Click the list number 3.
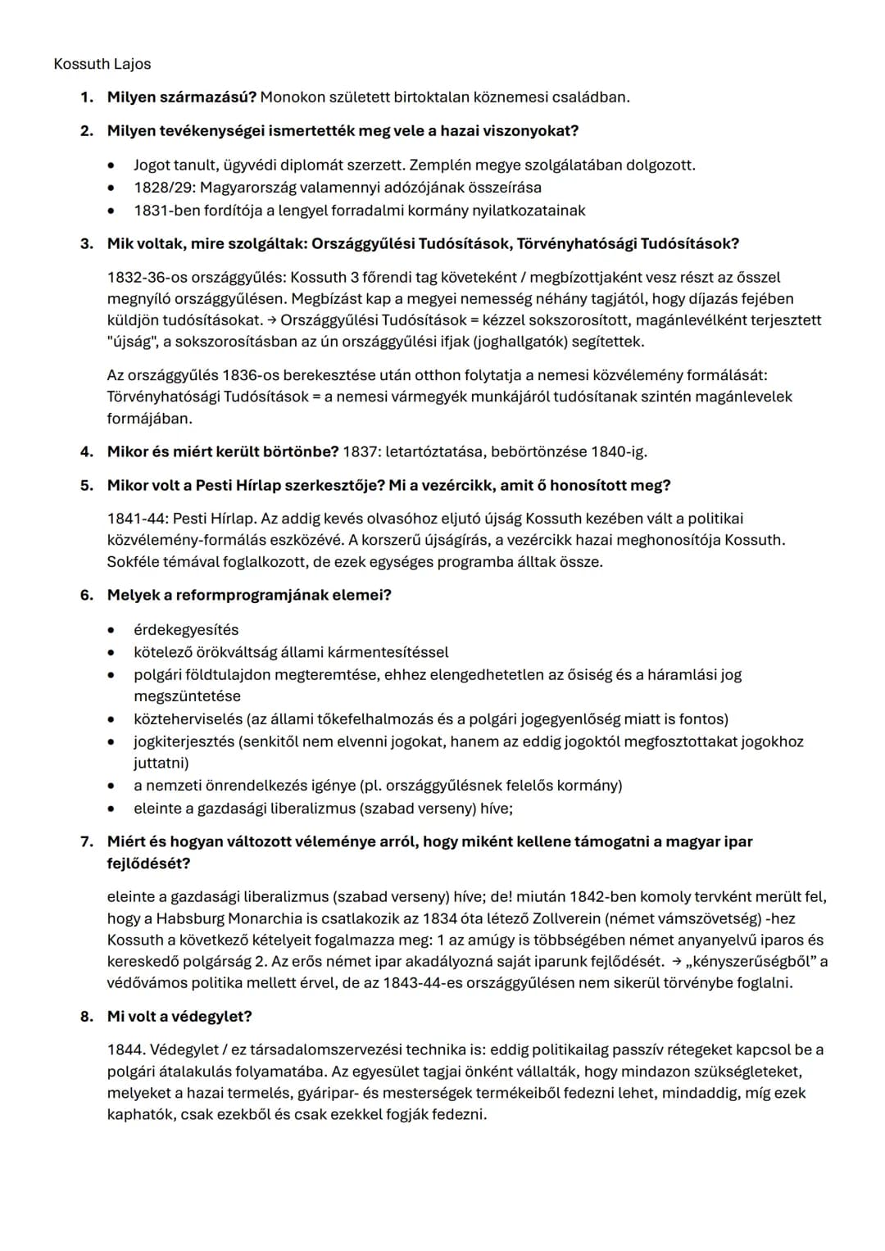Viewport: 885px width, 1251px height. click(x=85, y=244)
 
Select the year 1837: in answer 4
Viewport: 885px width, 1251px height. click(x=361, y=451)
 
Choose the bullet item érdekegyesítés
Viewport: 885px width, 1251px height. click(x=186, y=630)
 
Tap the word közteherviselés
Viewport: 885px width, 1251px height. click(x=188, y=719)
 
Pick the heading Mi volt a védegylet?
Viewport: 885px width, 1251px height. click(x=179, y=1017)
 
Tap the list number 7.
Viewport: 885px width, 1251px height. click(x=85, y=841)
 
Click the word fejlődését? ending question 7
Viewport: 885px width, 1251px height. click(x=148, y=863)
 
